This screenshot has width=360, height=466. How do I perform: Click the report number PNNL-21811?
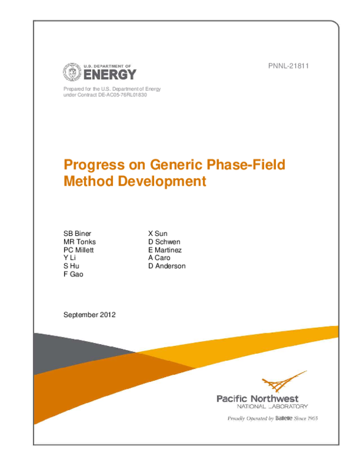click(287, 66)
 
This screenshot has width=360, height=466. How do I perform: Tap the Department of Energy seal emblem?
click(71, 73)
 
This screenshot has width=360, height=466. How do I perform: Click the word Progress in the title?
click(91, 165)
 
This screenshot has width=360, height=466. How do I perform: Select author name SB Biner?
click(77, 234)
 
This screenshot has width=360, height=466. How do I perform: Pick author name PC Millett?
click(79, 250)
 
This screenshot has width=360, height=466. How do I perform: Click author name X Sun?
click(158, 234)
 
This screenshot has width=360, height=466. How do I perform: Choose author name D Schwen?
click(165, 241)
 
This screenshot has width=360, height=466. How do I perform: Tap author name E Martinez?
click(165, 250)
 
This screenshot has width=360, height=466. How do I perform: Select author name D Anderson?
click(167, 266)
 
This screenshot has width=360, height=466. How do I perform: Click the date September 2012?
click(89, 314)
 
